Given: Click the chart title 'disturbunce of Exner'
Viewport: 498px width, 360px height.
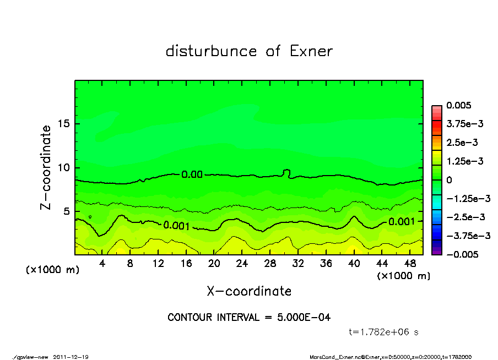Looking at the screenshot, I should (249, 51).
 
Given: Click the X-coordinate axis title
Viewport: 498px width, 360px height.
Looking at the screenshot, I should (249, 291).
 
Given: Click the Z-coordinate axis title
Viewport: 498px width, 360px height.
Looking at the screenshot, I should (46, 167).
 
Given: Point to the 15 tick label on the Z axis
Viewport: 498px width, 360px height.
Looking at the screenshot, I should (64, 123).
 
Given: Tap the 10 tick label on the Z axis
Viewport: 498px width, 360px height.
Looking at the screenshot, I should (64, 167).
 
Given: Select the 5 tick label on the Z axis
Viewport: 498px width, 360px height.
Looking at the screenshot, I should (67, 211).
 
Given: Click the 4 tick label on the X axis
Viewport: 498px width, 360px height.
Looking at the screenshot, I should (102, 264).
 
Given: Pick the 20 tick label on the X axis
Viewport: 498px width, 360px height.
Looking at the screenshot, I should (214, 264).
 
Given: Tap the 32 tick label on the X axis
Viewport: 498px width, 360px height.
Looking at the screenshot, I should (297, 264).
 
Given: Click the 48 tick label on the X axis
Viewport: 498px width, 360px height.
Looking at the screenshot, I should (409, 264).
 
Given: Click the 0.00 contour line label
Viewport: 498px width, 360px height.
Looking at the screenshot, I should (192, 175).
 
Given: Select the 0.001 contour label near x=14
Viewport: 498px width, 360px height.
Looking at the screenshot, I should (176, 226).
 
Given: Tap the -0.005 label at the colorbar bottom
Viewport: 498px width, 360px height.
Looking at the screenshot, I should (462, 254).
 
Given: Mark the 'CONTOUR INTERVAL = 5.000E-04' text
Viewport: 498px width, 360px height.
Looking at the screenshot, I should (249, 318).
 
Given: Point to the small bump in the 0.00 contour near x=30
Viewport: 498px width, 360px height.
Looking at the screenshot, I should (286, 172).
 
